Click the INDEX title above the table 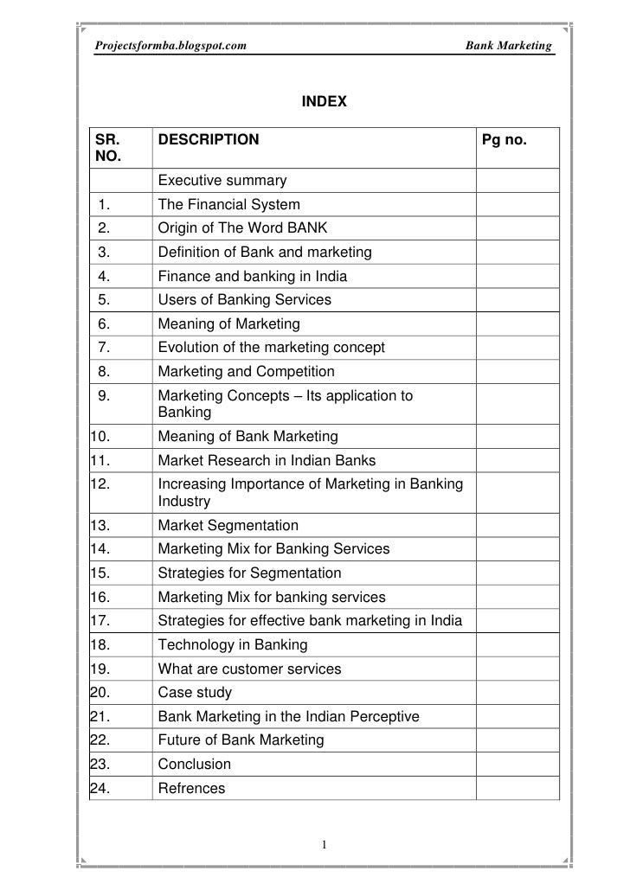pos(324,102)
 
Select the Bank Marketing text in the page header pos(508,43)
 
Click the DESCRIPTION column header pos(208,139)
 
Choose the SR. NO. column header pos(109,148)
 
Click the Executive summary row pos(222,181)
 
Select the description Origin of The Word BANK pos(242,228)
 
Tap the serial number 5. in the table pos(104,300)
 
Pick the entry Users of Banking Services pos(244,300)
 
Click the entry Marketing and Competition pos(246,372)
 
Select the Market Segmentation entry pos(228,525)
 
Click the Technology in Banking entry pos(232,645)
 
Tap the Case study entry pos(195,693)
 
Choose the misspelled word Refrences pos(191,788)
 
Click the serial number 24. pos(101,788)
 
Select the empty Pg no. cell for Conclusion pos(517,765)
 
